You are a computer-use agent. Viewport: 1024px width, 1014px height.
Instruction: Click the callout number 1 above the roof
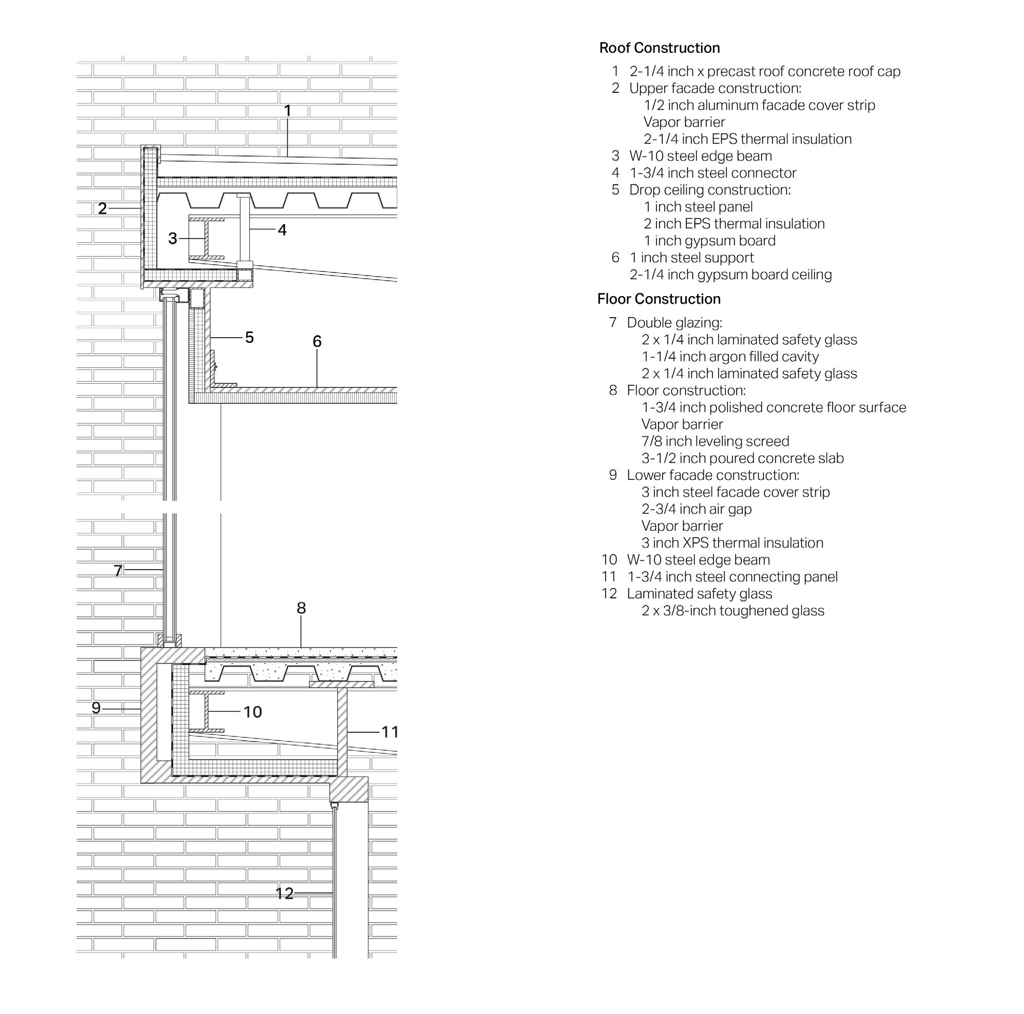tap(287, 111)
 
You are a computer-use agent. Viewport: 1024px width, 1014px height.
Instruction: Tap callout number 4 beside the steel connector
tap(282, 230)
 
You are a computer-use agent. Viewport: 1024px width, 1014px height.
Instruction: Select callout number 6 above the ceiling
tap(317, 341)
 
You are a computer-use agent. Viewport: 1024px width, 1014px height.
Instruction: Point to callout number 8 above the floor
tap(301, 608)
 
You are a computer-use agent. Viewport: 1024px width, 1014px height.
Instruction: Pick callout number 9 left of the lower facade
tap(96, 708)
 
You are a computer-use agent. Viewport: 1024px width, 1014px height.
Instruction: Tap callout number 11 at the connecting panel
tap(390, 732)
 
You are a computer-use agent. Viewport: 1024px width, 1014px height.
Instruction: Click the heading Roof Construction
tap(660, 48)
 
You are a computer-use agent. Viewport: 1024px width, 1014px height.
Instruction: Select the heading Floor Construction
tap(659, 299)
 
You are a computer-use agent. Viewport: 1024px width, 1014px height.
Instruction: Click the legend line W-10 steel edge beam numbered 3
tap(700, 157)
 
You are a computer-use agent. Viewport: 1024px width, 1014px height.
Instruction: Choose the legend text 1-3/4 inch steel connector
tap(713, 173)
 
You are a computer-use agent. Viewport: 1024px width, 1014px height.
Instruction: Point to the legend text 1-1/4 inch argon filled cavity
tap(730, 357)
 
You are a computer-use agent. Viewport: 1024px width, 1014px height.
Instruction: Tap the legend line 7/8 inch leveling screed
tap(715, 441)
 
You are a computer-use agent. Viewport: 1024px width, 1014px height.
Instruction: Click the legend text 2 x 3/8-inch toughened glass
tap(732, 611)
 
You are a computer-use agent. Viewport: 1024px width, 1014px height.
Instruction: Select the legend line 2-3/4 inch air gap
tap(697, 509)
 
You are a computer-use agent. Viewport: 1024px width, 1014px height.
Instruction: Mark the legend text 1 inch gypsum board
tap(709, 241)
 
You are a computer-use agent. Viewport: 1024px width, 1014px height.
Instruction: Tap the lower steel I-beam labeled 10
tap(206, 711)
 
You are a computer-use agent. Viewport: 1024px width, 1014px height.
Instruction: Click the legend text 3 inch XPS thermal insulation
tap(732, 543)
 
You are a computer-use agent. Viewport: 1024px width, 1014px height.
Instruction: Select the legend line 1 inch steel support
tap(692, 258)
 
